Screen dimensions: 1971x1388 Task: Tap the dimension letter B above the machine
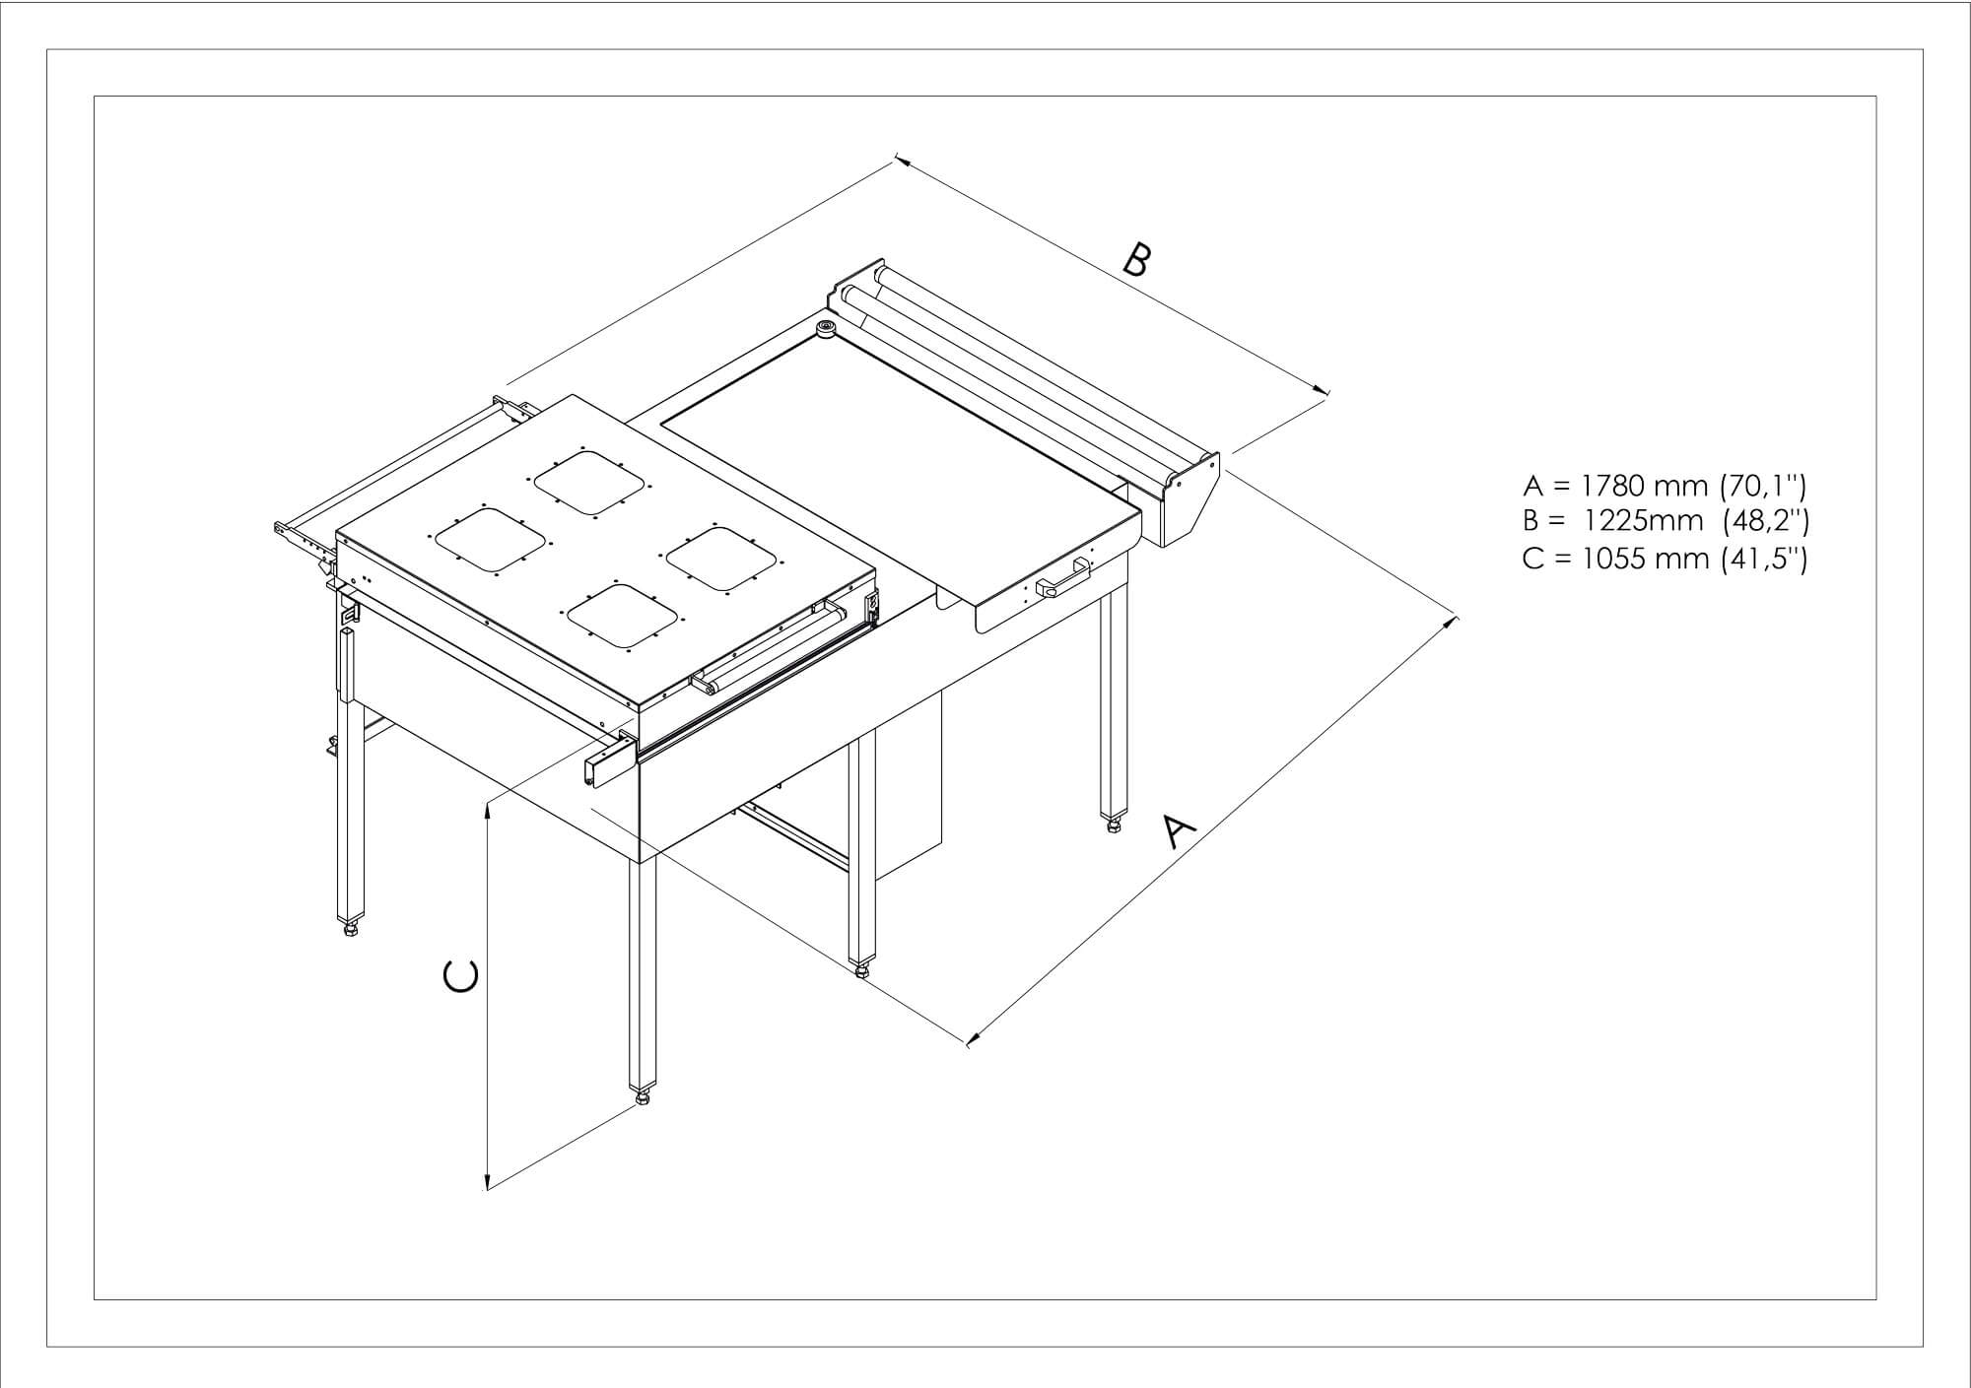1136,260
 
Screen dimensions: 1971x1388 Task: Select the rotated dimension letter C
461,975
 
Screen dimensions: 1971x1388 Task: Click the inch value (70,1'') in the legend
1764,486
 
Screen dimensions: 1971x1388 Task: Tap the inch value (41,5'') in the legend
1764,559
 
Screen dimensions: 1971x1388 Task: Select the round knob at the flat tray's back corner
825,328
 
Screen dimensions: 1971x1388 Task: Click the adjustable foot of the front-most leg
643,1095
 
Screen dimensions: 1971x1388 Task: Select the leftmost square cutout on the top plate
490,540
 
